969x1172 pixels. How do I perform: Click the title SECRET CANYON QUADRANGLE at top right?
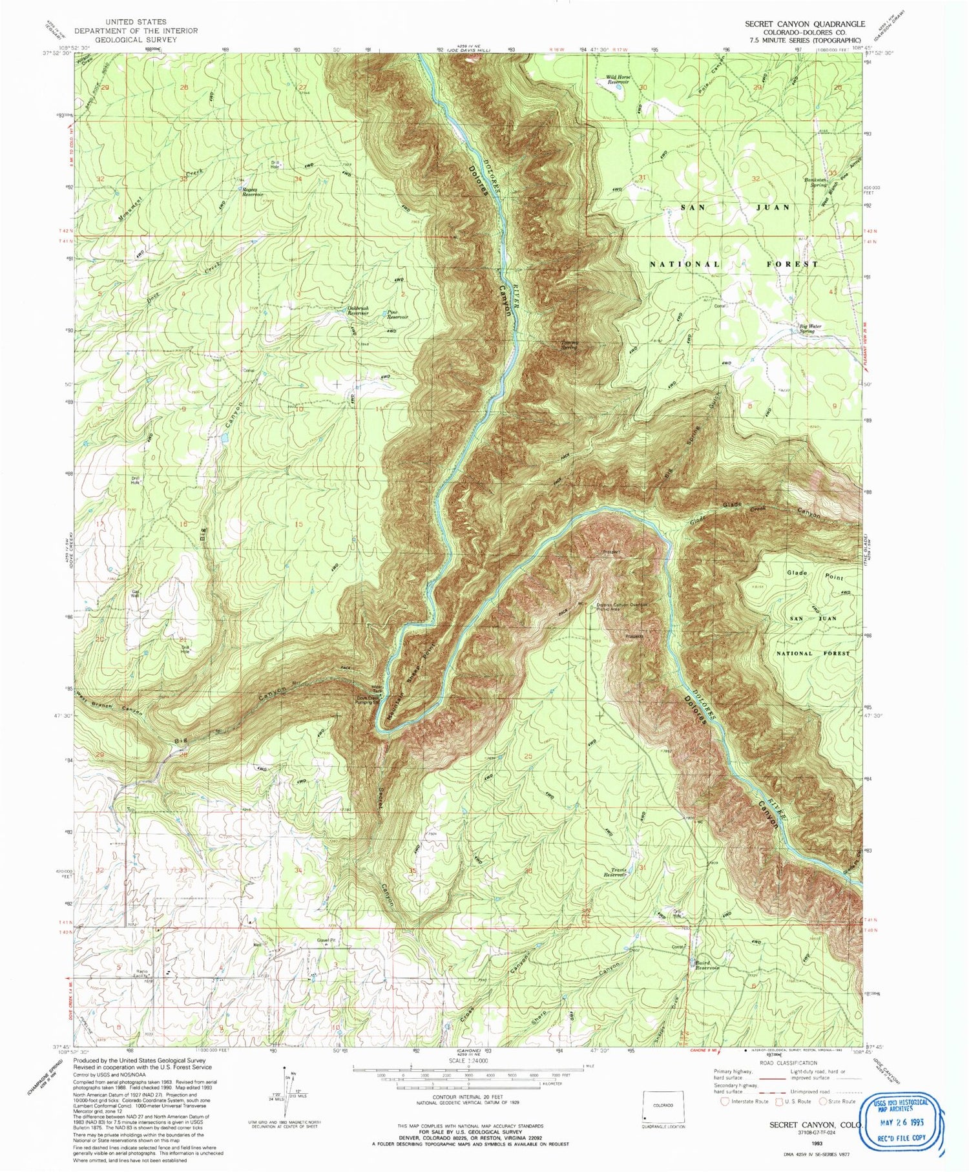[804, 24]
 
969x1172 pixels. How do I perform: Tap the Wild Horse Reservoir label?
[617, 80]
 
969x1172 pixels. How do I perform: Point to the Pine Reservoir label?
[397, 315]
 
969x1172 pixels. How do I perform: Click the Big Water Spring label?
[811, 329]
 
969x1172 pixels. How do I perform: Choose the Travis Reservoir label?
[615, 872]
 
